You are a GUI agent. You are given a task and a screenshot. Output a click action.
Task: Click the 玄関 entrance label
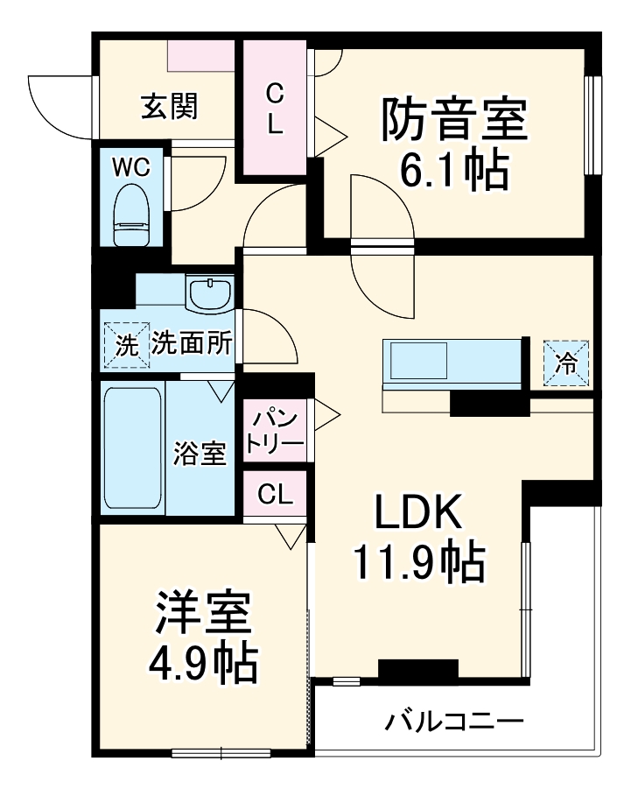(x=170, y=107)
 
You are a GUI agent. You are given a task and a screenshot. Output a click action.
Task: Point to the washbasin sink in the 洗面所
(x=209, y=293)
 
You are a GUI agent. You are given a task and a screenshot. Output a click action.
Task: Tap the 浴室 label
(x=201, y=454)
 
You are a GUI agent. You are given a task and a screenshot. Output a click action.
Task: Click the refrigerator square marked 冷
(x=566, y=363)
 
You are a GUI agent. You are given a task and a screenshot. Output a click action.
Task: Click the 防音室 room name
(x=454, y=120)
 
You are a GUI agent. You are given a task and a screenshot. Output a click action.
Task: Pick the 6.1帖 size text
(x=454, y=173)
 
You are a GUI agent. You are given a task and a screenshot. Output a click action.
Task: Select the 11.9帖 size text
(x=418, y=564)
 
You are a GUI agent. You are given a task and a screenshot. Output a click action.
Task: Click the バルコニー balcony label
(x=455, y=722)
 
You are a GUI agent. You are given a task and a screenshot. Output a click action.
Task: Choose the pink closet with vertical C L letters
(x=274, y=108)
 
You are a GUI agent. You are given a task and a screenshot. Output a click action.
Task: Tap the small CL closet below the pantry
(x=275, y=495)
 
